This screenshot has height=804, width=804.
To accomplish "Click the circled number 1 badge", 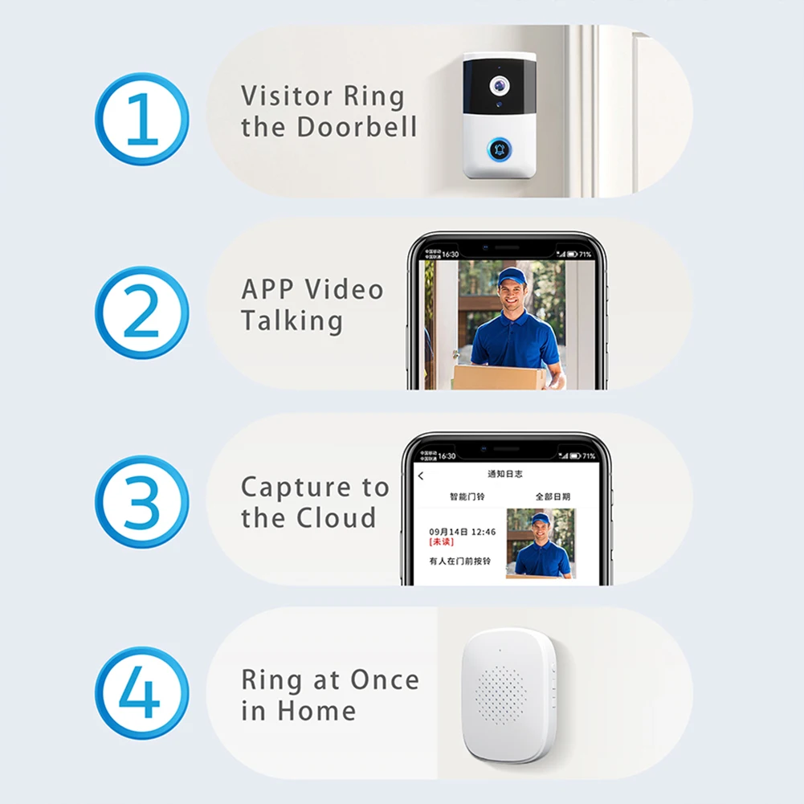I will pos(142,119).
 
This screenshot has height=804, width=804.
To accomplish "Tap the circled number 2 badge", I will pos(142,312).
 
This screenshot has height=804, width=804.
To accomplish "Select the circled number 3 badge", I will pos(142,501).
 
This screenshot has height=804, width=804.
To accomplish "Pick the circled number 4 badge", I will pos(142,694).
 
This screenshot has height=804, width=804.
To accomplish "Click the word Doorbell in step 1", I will pos(357,127).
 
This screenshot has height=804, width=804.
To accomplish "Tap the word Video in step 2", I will pos(346,289).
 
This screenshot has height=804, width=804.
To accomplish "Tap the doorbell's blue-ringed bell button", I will pos(500,149).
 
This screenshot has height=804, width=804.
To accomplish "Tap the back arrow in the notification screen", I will pos(421,475).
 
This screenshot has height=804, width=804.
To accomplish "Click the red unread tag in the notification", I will pos(442,542).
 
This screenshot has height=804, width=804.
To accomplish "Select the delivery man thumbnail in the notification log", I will pos(540,544).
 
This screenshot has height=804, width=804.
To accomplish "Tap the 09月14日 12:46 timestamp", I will pos(462,532).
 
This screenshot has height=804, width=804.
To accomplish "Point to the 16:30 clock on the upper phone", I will pos(450,255).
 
